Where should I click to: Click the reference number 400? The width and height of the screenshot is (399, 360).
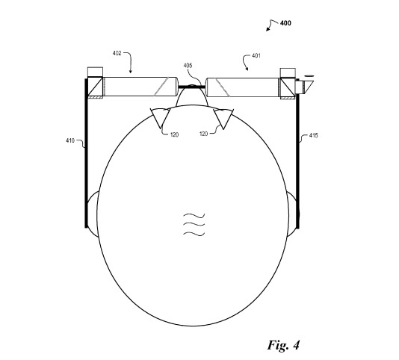point(285,23)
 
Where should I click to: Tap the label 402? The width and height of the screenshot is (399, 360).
point(117,54)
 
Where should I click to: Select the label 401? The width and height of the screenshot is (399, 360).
point(256,56)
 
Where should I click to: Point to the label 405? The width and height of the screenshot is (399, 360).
point(188,66)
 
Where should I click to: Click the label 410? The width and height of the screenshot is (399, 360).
point(70,140)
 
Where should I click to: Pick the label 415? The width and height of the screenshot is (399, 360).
point(313,135)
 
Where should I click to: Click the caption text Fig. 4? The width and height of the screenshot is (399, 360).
point(283,345)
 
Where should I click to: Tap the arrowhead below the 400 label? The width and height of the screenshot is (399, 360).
point(267,29)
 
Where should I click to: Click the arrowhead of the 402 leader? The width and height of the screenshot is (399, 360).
point(131,72)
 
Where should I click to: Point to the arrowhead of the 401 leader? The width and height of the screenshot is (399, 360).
point(247,69)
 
